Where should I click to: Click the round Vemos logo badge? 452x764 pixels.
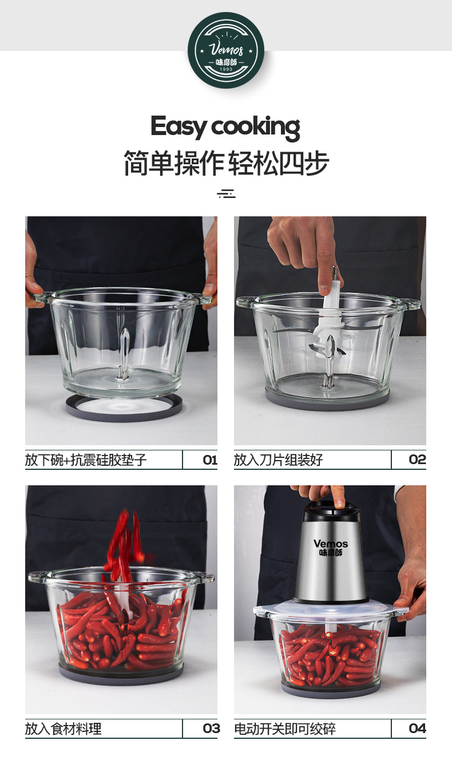(x=226, y=50)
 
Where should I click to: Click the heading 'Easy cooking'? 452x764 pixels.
(x=225, y=126)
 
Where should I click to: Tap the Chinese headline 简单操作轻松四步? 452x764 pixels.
(x=226, y=164)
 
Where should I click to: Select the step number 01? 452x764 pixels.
(x=210, y=460)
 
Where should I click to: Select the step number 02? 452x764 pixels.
(x=417, y=460)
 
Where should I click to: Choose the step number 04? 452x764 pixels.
(x=417, y=729)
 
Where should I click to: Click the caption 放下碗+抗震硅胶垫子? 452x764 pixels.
(x=86, y=460)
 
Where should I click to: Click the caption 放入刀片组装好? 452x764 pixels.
(x=278, y=460)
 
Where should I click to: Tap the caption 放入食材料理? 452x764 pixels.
(x=63, y=729)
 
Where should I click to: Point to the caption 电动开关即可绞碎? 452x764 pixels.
(x=284, y=729)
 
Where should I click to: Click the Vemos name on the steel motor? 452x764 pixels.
(x=330, y=544)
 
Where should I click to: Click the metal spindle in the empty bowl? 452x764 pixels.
(x=123, y=355)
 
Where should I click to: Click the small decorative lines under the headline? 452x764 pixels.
(x=226, y=193)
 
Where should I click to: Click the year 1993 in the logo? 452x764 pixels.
(x=226, y=70)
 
